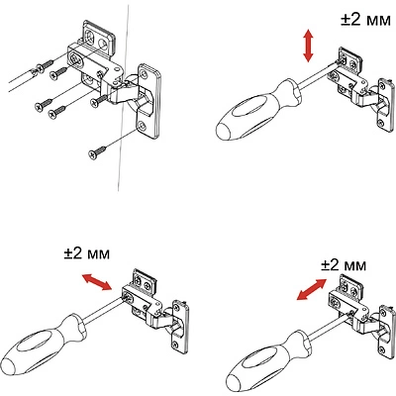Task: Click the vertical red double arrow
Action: (x=308, y=46)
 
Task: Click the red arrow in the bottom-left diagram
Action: (x=96, y=282)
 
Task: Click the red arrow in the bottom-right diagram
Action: (x=312, y=289)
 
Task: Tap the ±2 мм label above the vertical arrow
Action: (x=365, y=20)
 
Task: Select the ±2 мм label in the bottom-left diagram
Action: (x=87, y=253)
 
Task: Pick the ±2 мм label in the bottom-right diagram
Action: (x=344, y=264)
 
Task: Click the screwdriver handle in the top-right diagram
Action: (x=258, y=110)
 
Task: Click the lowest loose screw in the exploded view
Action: (x=97, y=152)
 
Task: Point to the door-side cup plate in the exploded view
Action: (x=148, y=101)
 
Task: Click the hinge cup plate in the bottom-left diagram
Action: (x=180, y=327)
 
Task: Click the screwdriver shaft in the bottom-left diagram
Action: (x=105, y=309)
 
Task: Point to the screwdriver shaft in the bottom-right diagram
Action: (x=329, y=329)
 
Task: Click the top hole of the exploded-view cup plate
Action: (x=145, y=73)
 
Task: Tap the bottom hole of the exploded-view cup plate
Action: (x=142, y=126)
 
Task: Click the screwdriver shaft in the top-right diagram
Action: (x=318, y=78)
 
